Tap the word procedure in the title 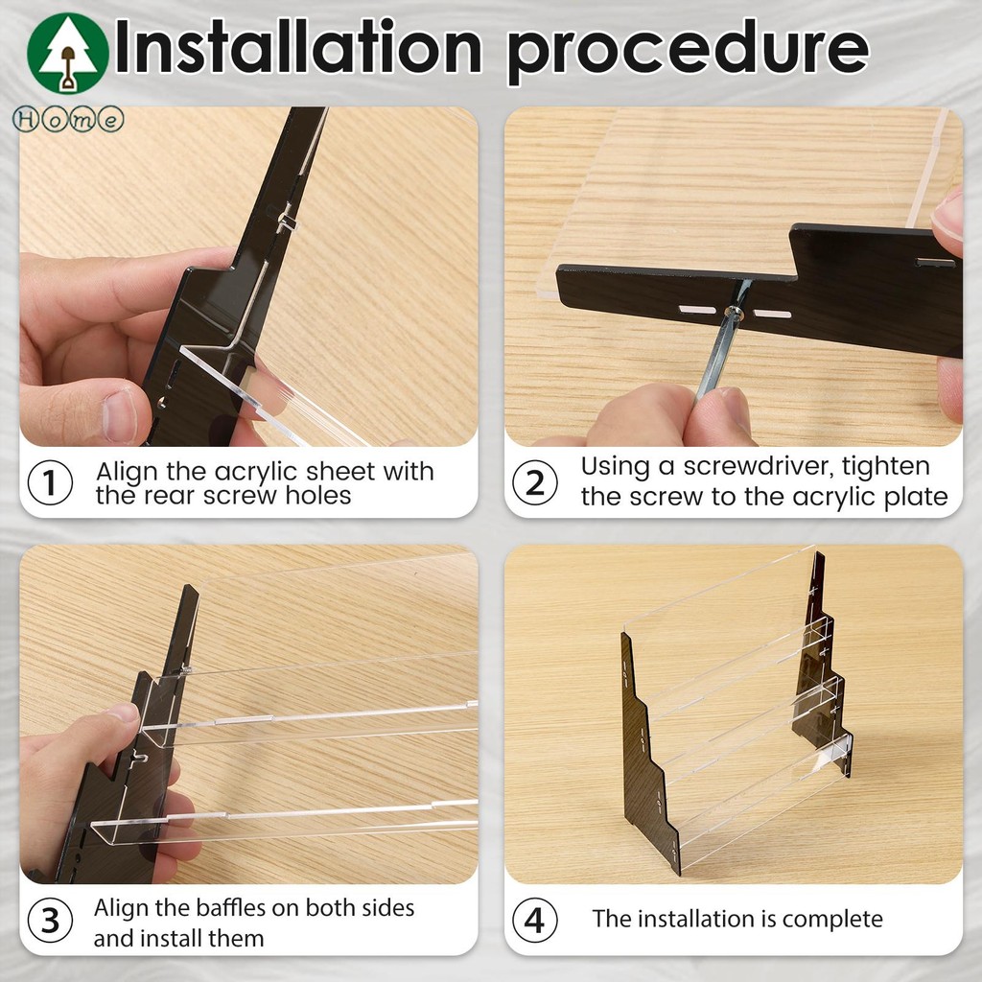688,50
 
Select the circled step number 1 50,483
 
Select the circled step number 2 535,483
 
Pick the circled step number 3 50,921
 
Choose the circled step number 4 535,921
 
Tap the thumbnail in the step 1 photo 120,416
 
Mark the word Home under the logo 68,119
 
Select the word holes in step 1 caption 318,496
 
